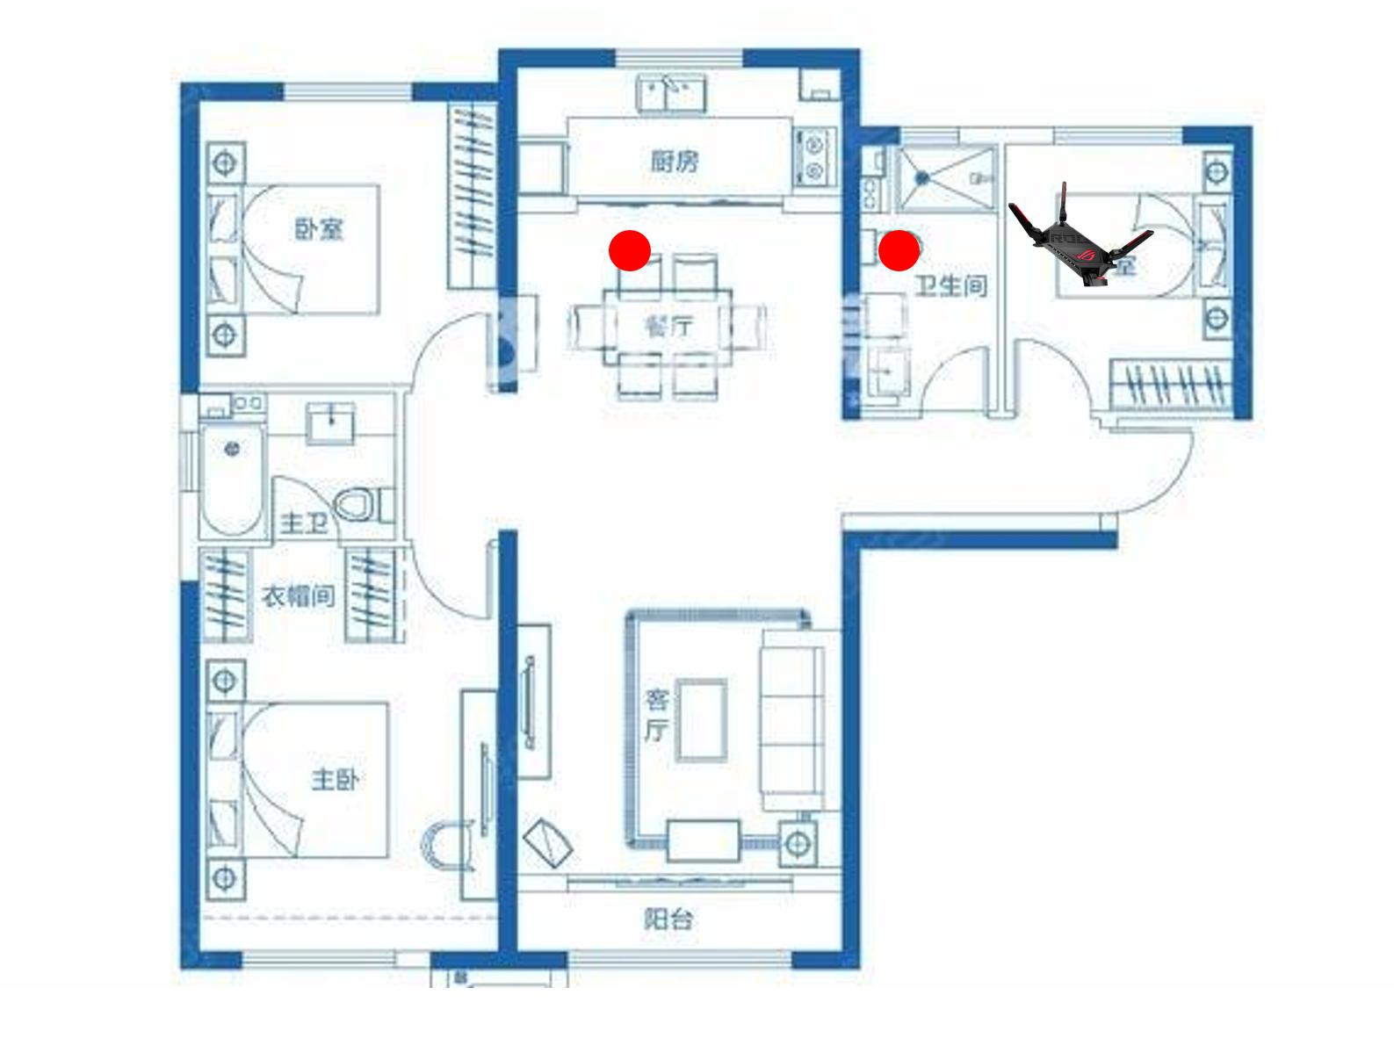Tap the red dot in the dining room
tap(630, 251)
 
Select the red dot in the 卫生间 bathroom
tap(899, 251)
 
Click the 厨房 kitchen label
tap(675, 162)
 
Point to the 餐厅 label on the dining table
tap(668, 327)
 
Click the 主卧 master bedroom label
tap(335, 779)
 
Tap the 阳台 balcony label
tap(668, 919)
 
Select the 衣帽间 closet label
tap(299, 596)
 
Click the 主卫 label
tap(304, 523)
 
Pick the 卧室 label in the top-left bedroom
tap(318, 230)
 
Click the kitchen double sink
tap(671, 92)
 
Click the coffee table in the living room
tap(701, 718)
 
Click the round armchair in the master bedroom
tap(448, 846)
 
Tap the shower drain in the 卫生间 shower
tap(921, 177)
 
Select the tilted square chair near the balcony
tap(548, 841)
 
